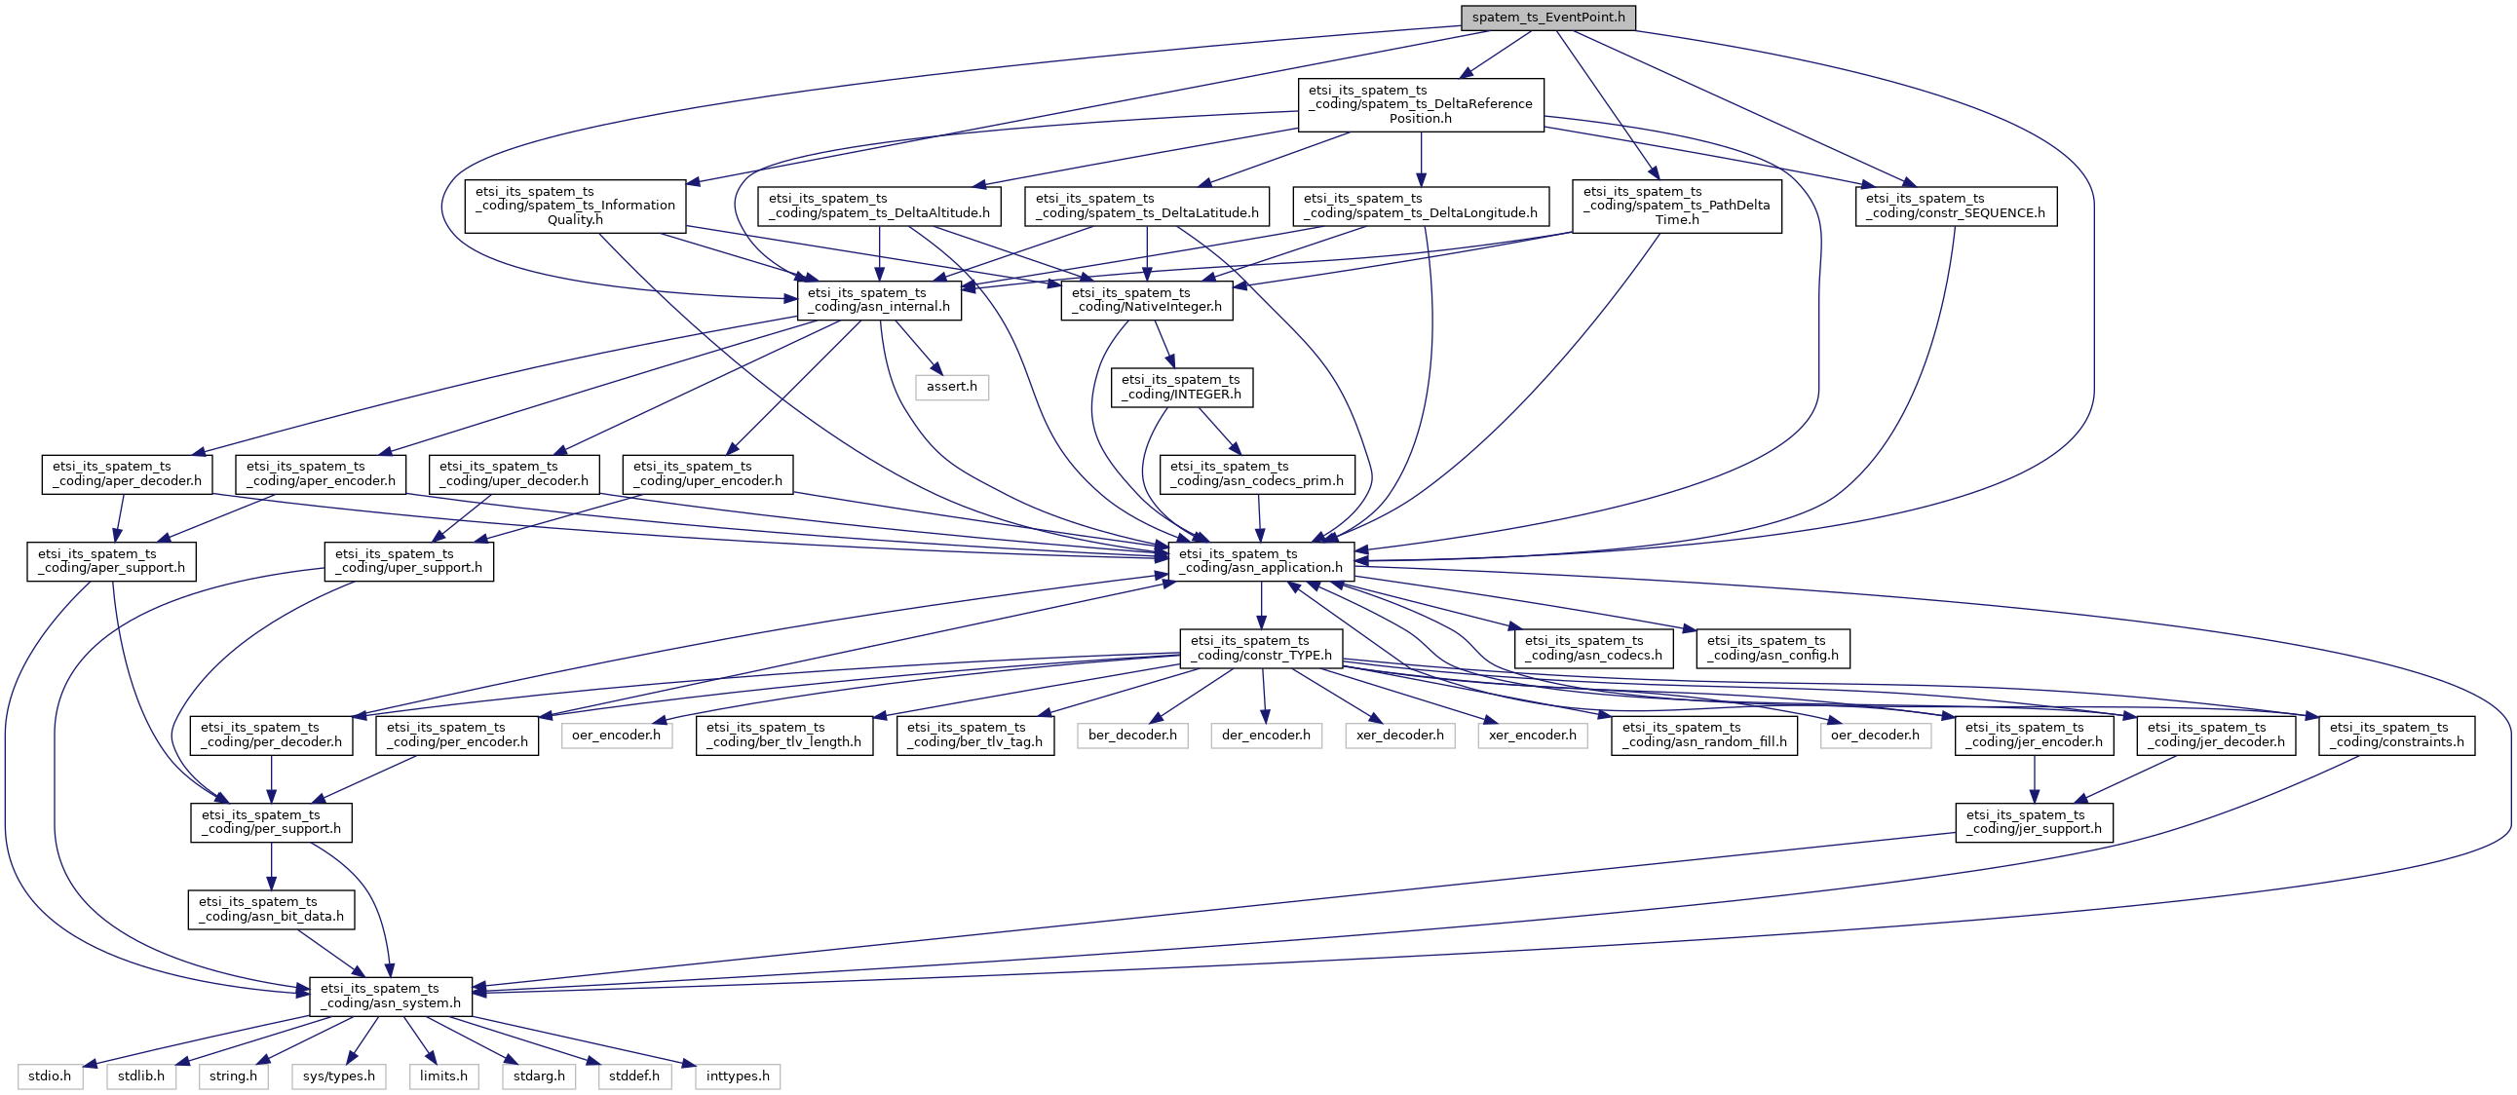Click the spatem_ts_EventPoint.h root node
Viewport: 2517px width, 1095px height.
tap(1547, 18)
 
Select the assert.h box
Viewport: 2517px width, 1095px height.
tap(951, 387)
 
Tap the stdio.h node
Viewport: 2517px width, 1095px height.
tap(50, 1076)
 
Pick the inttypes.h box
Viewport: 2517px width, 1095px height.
tap(737, 1076)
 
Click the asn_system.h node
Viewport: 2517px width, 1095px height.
tap(391, 997)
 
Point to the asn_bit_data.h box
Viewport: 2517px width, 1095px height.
tap(271, 909)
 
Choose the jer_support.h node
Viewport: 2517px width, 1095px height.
tap(2034, 822)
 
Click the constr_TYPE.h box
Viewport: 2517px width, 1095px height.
tap(1261, 649)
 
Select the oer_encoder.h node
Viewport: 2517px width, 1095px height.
tap(616, 736)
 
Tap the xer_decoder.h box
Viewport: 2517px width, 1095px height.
tap(1399, 736)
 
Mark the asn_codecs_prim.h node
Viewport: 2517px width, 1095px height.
tap(1256, 474)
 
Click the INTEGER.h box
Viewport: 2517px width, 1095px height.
tap(1180, 388)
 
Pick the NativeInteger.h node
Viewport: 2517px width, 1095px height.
tap(1146, 300)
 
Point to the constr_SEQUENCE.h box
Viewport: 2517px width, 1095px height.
tap(1955, 207)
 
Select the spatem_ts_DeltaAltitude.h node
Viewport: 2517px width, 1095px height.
tap(878, 207)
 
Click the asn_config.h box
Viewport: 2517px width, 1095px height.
tap(1773, 649)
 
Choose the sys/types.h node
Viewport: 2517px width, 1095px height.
tap(338, 1076)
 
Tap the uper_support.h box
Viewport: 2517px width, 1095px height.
tap(408, 562)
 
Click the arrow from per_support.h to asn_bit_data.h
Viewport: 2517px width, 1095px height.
tap(272, 865)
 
